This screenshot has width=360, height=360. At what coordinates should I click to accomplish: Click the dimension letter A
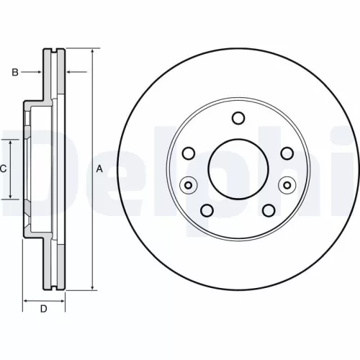click(100, 168)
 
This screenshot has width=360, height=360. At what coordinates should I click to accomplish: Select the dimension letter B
click(14, 71)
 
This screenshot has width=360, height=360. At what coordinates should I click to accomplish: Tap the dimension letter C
click(4, 168)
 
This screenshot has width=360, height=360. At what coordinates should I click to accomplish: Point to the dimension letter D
click(43, 310)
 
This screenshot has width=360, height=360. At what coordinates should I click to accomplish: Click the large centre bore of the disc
click(238, 168)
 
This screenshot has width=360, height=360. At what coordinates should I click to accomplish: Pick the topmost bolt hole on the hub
click(238, 119)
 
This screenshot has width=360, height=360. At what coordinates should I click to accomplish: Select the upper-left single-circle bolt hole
click(189, 153)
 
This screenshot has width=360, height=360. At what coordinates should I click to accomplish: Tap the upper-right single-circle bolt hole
click(287, 153)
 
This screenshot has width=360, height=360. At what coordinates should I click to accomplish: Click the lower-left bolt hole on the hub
click(207, 210)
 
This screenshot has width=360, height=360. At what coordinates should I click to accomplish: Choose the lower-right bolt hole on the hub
click(269, 210)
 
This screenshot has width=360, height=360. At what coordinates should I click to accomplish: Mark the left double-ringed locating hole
click(188, 185)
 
